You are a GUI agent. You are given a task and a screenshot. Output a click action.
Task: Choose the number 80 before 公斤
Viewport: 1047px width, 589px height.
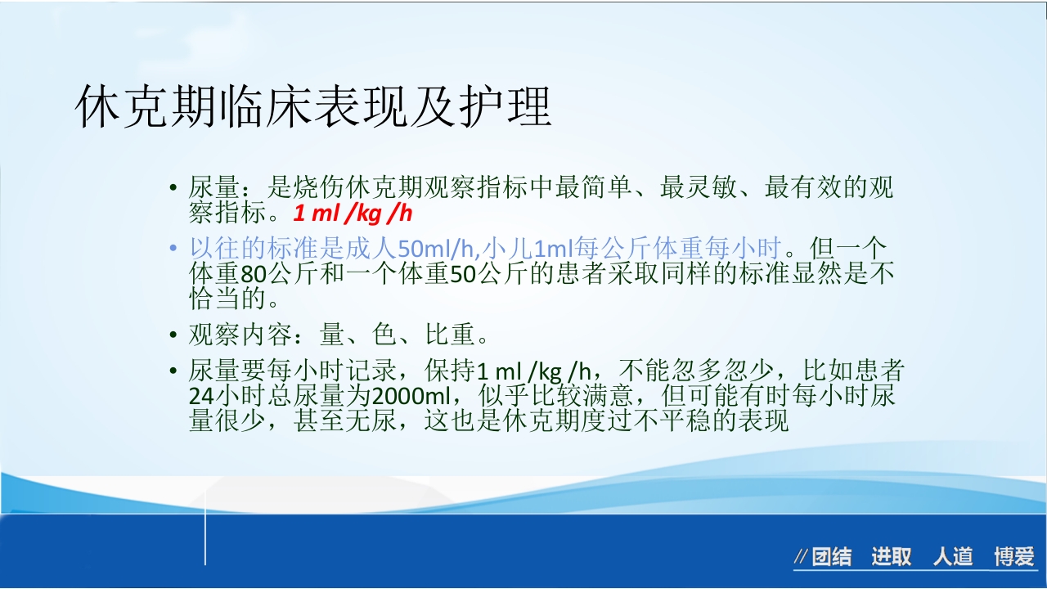click(255, 273)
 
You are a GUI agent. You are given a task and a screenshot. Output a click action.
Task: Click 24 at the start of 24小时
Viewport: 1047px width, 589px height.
click(201, 397)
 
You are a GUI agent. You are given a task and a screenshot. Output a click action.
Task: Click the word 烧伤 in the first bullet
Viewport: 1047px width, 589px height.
click(320, 188)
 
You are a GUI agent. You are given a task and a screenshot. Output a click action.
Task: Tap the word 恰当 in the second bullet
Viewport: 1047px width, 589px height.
click(214, 299)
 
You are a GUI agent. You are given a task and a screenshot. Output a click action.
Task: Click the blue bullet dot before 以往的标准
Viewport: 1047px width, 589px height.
click(173, 248)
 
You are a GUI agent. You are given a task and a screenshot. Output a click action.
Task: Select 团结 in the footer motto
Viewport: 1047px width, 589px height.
click(831, 558)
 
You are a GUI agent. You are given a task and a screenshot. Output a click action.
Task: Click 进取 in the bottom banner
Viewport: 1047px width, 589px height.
click(891, 558)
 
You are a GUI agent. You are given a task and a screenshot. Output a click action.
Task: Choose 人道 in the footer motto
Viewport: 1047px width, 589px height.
click(953, 558)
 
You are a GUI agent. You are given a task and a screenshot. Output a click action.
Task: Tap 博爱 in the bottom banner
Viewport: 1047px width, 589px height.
click(1014, 558)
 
